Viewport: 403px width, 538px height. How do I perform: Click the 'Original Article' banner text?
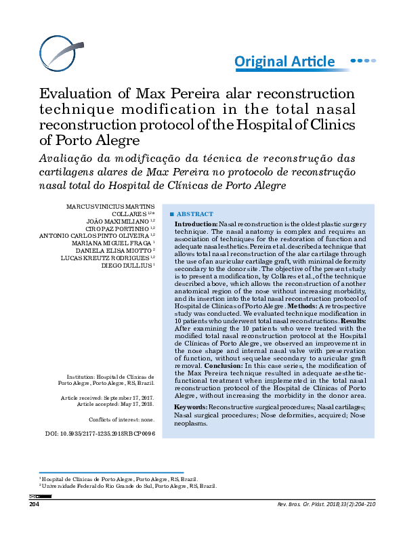pos(284,62)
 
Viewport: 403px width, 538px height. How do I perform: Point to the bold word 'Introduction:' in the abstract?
pos(196,224)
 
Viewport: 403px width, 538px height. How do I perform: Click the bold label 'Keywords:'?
pos(192,406)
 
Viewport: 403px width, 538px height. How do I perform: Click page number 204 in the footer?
pos(35,504)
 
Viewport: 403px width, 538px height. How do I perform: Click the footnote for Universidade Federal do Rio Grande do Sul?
pos(129,486)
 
